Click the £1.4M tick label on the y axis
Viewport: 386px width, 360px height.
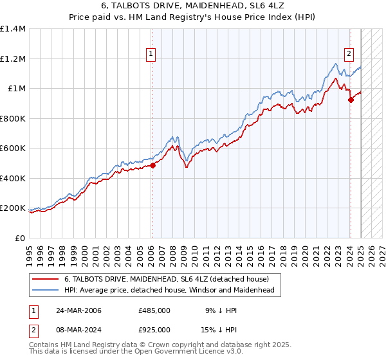(14, 29)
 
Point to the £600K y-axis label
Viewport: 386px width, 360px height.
(14, 148)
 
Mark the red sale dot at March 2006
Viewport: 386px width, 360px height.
(153, 165)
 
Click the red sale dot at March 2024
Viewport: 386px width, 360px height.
(351, 100)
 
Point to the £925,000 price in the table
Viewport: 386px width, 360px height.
(154, 329)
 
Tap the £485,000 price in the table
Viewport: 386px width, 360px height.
(154, 310)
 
